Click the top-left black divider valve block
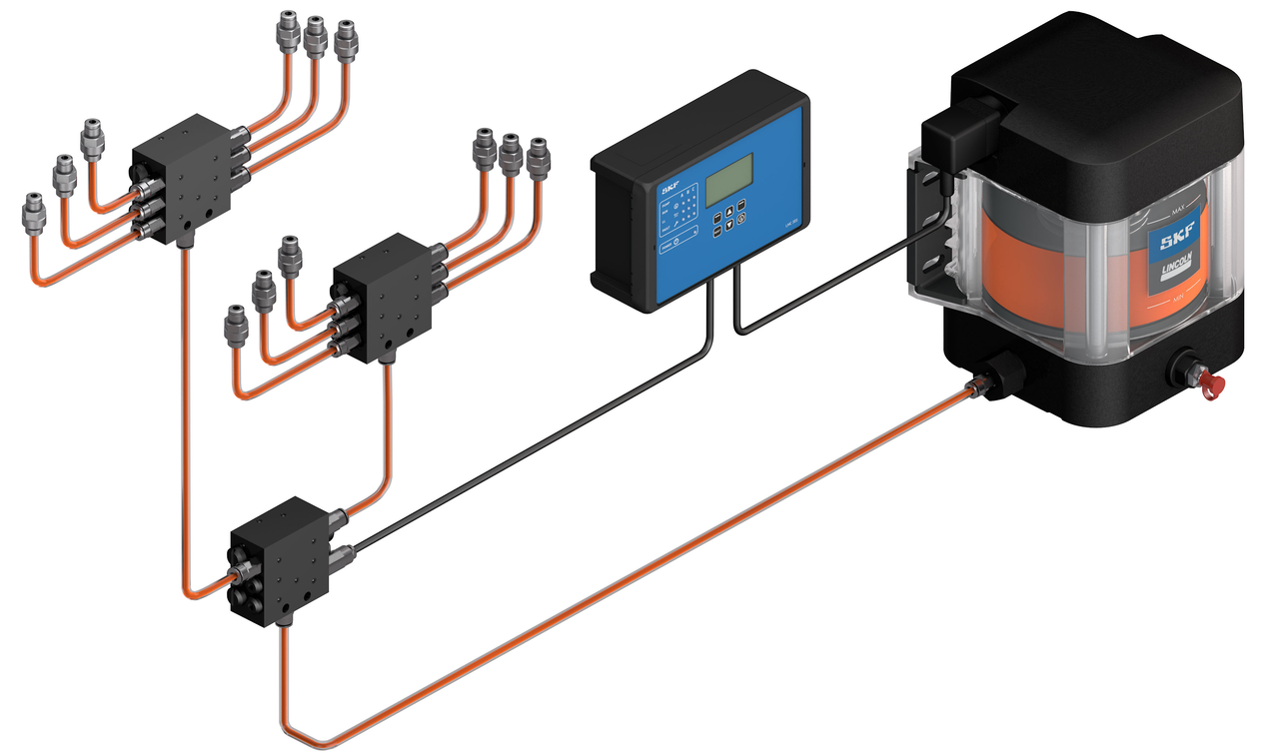[x=190, y=175]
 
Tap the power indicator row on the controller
[x=675, y=242]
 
